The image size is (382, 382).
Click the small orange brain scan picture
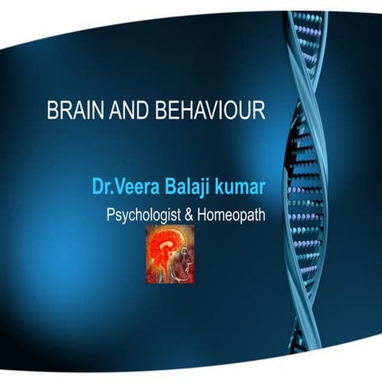(170, 254)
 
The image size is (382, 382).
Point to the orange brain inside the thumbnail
(163, 247)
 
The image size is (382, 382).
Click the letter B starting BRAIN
(53, 111)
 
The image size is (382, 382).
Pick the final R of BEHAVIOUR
(259, 111)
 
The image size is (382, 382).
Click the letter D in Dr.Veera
(98, 188)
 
